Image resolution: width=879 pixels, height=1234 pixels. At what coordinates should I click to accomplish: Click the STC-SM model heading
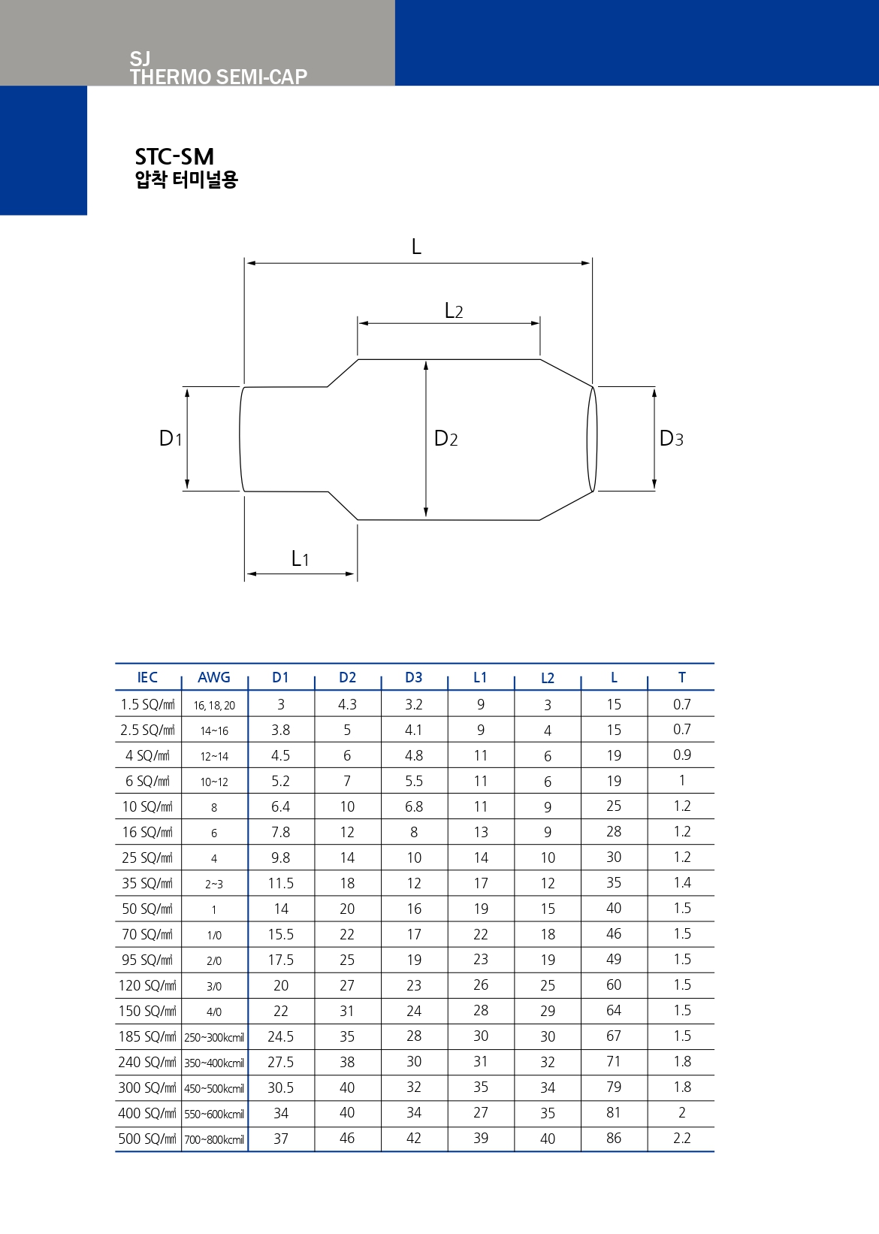(174, 157)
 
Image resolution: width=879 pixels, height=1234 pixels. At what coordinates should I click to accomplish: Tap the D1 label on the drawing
(171, 438)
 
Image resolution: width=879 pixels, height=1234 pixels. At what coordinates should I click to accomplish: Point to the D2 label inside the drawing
(446, 438)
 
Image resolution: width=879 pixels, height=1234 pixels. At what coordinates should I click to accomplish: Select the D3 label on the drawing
(671, 438)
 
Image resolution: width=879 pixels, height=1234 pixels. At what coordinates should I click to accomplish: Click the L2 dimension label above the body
(454, 311)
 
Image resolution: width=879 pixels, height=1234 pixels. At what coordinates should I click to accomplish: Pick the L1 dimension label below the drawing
(301, 558)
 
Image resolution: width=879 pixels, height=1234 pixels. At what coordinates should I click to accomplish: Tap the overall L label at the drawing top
(416, 246)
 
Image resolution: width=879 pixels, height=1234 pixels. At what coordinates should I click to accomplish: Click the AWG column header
(214, 677)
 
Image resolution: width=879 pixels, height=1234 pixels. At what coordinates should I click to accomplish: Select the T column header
(682, 677)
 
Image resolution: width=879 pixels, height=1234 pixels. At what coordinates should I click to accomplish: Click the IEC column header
(147, 677)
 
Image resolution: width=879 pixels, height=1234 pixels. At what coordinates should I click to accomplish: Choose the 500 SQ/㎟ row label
(147, 1138)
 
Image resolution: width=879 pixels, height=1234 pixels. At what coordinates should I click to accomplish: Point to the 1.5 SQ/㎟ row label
(147, 704)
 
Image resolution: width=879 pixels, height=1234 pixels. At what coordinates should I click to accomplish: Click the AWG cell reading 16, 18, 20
(214, 705)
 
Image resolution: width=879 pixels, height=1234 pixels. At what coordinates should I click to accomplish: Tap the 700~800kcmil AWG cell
(214, 1139)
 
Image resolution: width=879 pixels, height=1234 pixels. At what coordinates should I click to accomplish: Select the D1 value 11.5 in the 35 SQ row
(281, 883)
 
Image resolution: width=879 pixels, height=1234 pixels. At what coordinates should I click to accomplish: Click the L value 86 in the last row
(614, 1138)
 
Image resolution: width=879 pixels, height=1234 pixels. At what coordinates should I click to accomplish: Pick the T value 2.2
(682, 1138)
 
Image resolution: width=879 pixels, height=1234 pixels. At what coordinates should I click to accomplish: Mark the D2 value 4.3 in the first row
(348, 704)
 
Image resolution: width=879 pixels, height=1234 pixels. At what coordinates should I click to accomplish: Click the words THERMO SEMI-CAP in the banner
(219, 77)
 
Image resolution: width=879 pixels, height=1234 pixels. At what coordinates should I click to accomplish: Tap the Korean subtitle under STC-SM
(186, 180)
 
